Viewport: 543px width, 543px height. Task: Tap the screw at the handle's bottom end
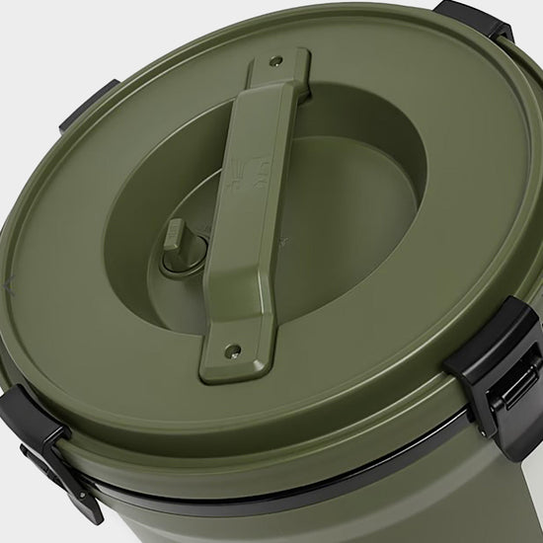pos(234,349)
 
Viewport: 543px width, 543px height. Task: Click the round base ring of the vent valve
pos(182,258)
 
